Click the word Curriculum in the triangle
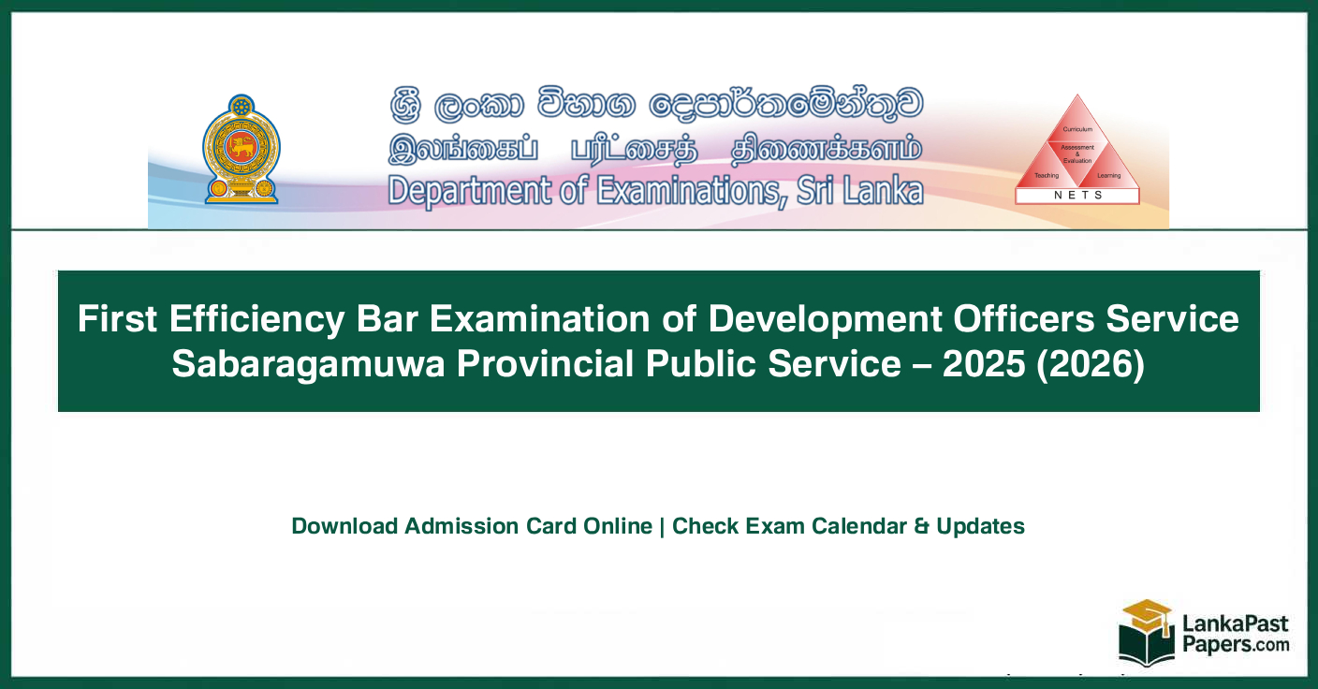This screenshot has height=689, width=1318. click(x=1077, y=127)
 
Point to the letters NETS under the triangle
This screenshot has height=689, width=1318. click(x=1077, y=196)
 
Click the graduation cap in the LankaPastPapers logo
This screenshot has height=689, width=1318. click(x=1147, y=614)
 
